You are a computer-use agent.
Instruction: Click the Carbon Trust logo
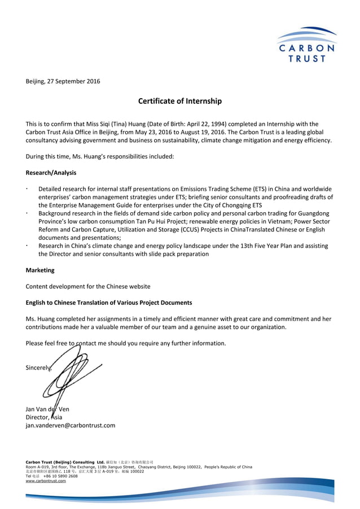[x=306, y=45]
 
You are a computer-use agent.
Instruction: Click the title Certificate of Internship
[x=180, y=102]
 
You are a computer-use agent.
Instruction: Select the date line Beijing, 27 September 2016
[x=63, y=81]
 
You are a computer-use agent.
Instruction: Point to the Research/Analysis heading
[x=51, y=173]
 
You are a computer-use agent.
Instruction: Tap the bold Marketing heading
[x=40, y=270]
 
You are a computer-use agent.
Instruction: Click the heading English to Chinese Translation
[x=109, y=302]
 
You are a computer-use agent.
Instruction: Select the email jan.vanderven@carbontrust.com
[x=71, y=425]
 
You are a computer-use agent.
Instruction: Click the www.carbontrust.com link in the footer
[x=46, y=481]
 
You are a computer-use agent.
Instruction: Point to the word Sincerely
[x=38, y=368]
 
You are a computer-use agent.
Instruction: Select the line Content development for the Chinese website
[x=88, y=287]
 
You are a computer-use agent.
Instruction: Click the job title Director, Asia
[x=44, y=417]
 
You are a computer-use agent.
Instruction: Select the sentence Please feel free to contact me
[x=126, y=343]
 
